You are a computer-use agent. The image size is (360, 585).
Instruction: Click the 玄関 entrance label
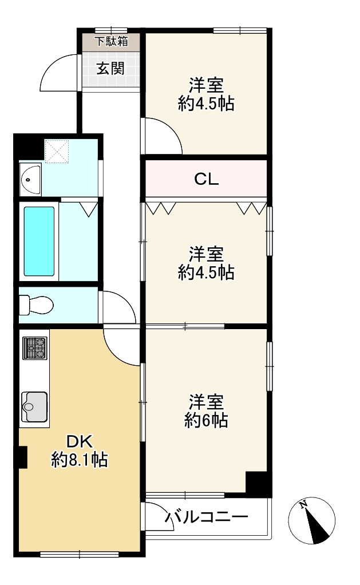(110, 69)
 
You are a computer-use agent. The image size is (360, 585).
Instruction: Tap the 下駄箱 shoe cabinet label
(110, 42)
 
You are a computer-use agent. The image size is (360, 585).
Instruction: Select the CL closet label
(206, 180)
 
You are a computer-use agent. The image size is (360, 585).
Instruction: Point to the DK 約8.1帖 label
(80, 451)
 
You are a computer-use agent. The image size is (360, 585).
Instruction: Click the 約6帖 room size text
(206, 421)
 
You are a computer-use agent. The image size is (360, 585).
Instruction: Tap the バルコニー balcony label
(207, 518)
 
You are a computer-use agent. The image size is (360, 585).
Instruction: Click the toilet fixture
(35, 303)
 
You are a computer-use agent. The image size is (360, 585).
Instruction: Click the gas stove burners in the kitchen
(34, 348)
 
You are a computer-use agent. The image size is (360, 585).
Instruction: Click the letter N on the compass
(304, 504)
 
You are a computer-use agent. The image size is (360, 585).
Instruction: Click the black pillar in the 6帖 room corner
(257, 484)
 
